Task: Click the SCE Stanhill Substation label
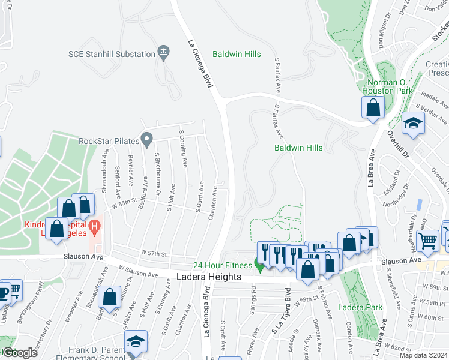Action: (x=111, y=54)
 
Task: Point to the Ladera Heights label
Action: (x=209, y=277)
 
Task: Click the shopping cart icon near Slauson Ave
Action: (x=427, y=241)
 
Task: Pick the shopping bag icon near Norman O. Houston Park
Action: (x=373, y=107)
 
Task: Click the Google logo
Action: (x=19, y=353)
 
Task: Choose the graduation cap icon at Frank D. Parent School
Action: (x=136, y=341)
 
